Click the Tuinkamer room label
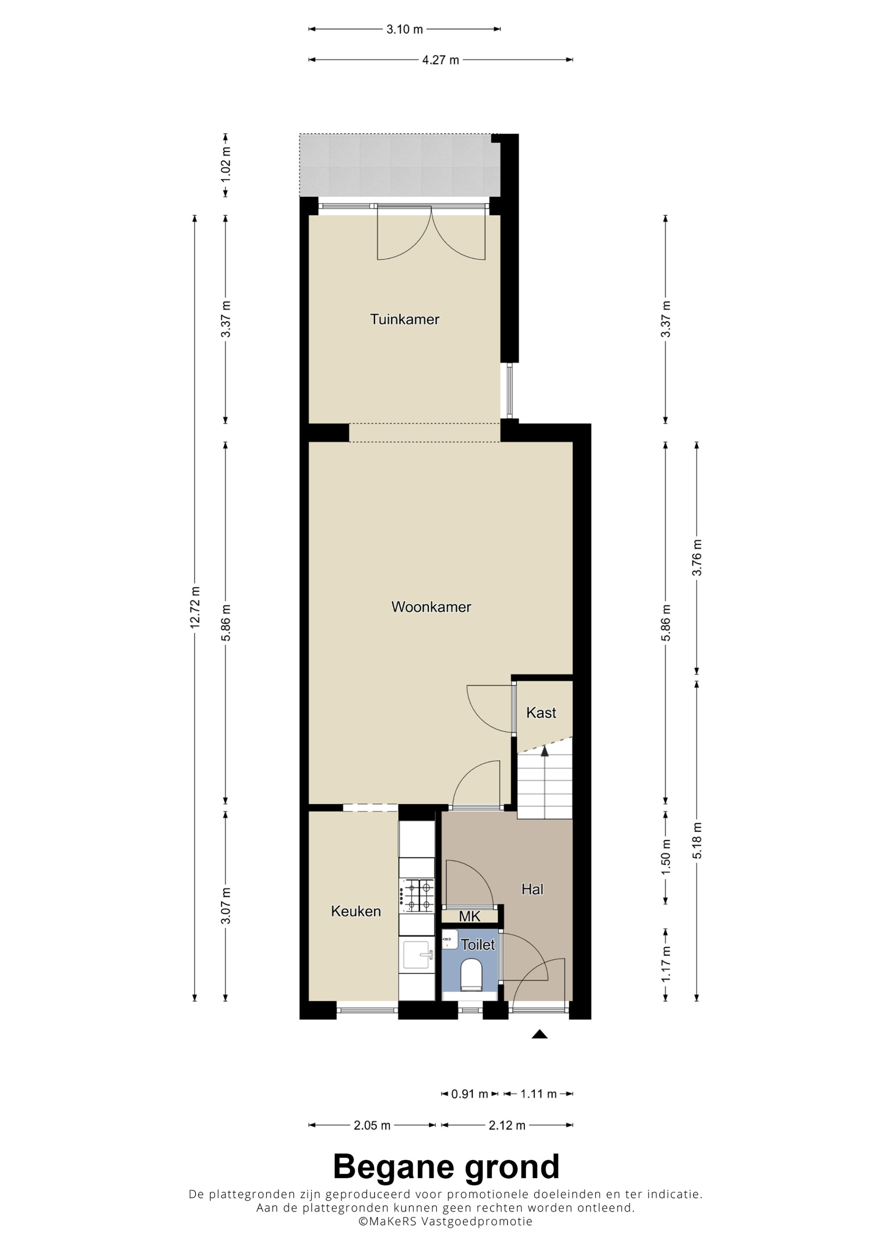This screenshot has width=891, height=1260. (x=405, y=319)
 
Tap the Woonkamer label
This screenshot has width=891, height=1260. (x=431, y=607)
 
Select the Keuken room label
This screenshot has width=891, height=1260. (x=356, y=911)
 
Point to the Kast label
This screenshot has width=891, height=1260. (x=541, y=713)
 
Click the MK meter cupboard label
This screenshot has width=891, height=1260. (x=470, y=916)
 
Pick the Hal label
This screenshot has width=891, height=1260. (x=532, y=889)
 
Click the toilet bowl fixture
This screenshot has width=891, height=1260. (x=471, y=975)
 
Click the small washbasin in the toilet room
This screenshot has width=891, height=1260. (x=450, y=939)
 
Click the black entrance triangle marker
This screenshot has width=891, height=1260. (x=540, y=1034)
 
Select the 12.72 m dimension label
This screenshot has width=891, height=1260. (x=195, y=607)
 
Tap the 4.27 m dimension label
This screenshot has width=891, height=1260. (x=440, y=60)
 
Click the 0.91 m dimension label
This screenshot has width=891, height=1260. (x=470, y=1094)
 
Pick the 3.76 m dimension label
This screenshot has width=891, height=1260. (x=697, y=557)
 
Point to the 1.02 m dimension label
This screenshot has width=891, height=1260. (x=225, y=165)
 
